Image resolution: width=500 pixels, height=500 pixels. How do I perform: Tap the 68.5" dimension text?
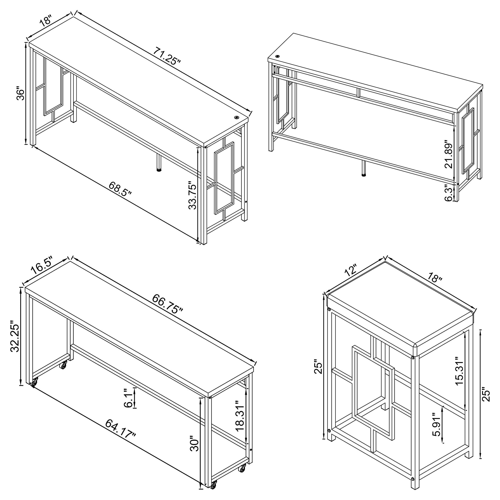[120, 189]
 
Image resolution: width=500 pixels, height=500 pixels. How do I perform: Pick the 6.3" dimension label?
[449, 193]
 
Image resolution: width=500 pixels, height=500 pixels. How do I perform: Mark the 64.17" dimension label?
[120, 432]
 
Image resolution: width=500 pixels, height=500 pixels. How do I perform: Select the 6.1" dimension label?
[129, 399]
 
